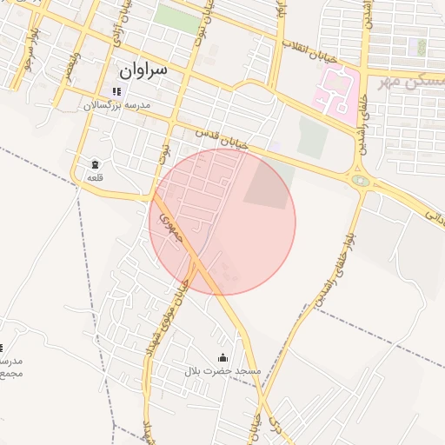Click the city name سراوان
tap(143, 67)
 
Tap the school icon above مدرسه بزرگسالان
tap(116, 91)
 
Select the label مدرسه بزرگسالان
tap(117, 105)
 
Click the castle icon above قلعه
tap(95, 164)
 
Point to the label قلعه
tap(95, 177)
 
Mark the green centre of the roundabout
tap(361, 181)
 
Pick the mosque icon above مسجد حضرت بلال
tap(222, 357)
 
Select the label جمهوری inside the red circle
tap(168, 225)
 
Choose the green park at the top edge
tap(177, 17)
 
